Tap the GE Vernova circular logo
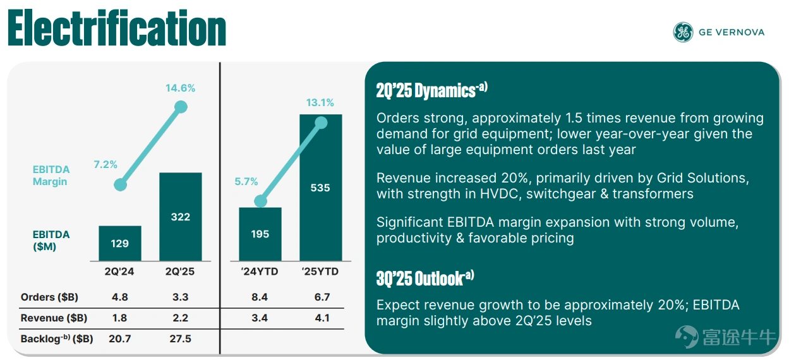tap(683, 32)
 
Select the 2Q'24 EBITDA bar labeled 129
tap(120, 243)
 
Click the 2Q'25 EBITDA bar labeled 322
tap(181, 217)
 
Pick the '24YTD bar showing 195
tap(260, 234)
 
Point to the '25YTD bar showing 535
tap(320, 188)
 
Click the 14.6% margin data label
tap(181, 88)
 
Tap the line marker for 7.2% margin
tap(120, 186)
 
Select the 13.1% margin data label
tap(320, 103)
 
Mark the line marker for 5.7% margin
tap(260, 201)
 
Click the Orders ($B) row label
tap(49, 297)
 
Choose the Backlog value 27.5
tap(181, 339)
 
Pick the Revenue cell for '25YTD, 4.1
tap(322, 318)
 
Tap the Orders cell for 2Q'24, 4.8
tap(120, 297)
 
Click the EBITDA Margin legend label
tap(51, 176)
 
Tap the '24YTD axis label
tap(260, 272)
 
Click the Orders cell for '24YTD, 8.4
tap(260, 297)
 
